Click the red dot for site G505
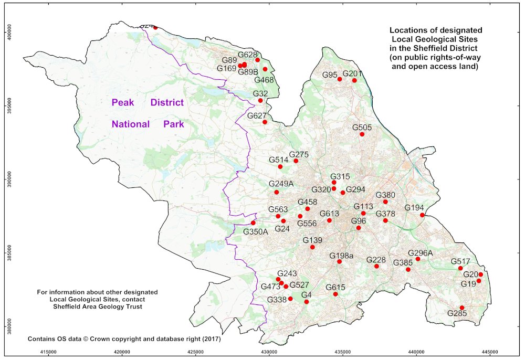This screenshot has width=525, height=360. click(362, 134)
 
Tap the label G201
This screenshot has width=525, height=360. click(352, 73)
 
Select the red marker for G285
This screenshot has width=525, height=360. click(462, 308)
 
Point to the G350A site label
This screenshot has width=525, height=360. click(256, 231)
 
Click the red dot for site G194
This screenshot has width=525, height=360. click(422, 215)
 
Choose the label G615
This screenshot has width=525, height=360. click(335, 287)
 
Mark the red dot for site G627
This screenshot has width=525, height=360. click(265, 122)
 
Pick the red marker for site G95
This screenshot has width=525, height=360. click(340, 79)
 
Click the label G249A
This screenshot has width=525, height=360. click(281, 184)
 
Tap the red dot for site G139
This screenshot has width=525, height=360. click(312, 247)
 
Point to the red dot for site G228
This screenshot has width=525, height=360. click(376, 267)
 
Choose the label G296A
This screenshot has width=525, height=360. click(420, 252)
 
